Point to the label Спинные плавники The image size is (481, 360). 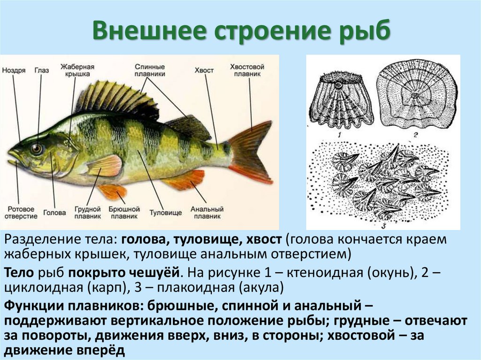(150, 70)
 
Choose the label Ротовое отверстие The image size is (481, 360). (21, 213)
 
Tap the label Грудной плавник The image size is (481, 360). (88, 213)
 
